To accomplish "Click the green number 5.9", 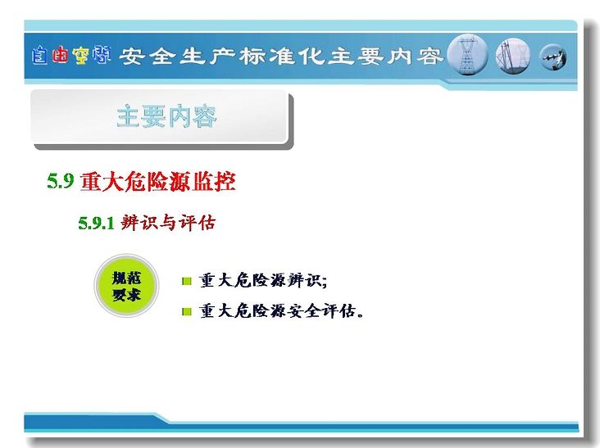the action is coord(61,181).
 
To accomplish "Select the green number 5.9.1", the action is coord(96,223).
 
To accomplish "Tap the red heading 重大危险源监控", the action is coord(157,181).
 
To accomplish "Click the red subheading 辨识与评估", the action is coord(168,222).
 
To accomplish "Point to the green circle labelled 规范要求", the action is coord(126,286).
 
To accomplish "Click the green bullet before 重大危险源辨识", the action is coord(187,282).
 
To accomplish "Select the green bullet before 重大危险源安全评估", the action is coord(187,311).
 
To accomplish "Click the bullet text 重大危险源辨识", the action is coord(263,281).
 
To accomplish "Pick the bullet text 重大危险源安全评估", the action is coord(281,310).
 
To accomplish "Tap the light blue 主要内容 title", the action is coord(167,116).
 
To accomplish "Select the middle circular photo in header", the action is coord(513,56).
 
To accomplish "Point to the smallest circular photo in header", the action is coord(553,57).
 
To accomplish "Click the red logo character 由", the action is coord(60,55).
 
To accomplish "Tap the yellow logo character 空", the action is coord(81,56).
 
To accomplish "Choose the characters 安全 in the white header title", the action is coord(148,57).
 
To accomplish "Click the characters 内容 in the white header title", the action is coord(414,57).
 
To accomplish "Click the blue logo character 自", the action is coord(39,56).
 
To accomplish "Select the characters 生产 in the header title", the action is coord(207,57).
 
